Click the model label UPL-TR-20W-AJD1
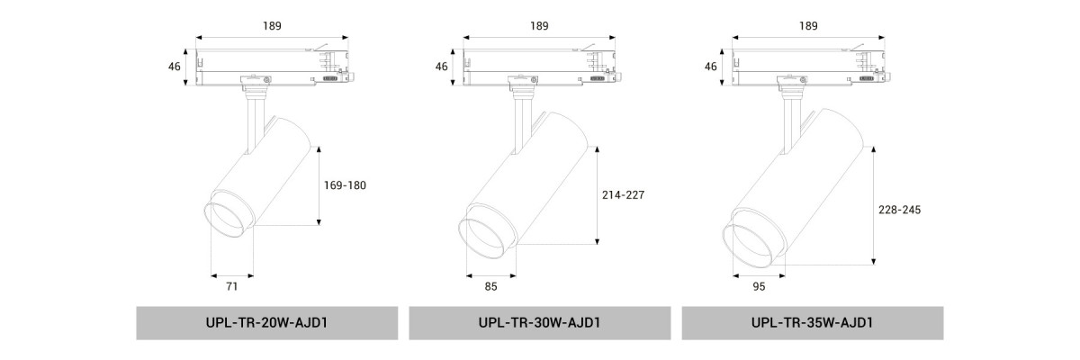point(266,322)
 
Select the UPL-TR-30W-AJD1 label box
point(539,323)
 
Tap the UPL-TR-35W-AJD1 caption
point(812,322)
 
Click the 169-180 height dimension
point(345,185)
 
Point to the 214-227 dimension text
point(623,194)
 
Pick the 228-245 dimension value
point(899,210)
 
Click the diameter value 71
point(232,286)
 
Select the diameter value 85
point(490,286)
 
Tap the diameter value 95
point(759,286)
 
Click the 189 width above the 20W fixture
point(272,25)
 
